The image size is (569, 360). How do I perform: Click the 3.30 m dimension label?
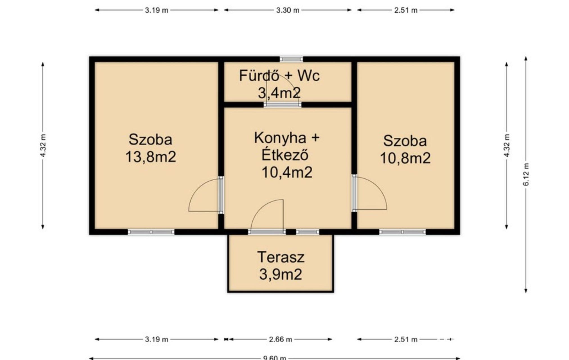coord(288,10)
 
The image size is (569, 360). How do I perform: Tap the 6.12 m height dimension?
coord(526,174)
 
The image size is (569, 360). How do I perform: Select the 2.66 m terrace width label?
coord(281,339)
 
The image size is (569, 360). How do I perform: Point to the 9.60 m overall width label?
coord(275,358)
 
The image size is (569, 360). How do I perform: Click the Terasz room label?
coord(281,257)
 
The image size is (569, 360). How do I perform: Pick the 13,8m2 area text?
coord(150,157)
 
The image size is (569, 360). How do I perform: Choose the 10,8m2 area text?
coord(405,158)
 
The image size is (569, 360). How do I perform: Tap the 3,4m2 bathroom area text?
coord(279,93)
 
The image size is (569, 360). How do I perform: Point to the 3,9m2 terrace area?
coord(281,274)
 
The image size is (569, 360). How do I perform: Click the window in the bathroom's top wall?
coord(291,59)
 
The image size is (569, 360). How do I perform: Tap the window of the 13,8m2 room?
coord(151,232)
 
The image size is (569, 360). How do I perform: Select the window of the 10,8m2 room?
coord(402,232)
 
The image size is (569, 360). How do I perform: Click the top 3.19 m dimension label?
coord(157,10)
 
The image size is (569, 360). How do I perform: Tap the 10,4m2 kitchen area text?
coord(287,172)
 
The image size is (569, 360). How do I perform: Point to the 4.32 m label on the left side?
coord(43,146)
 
